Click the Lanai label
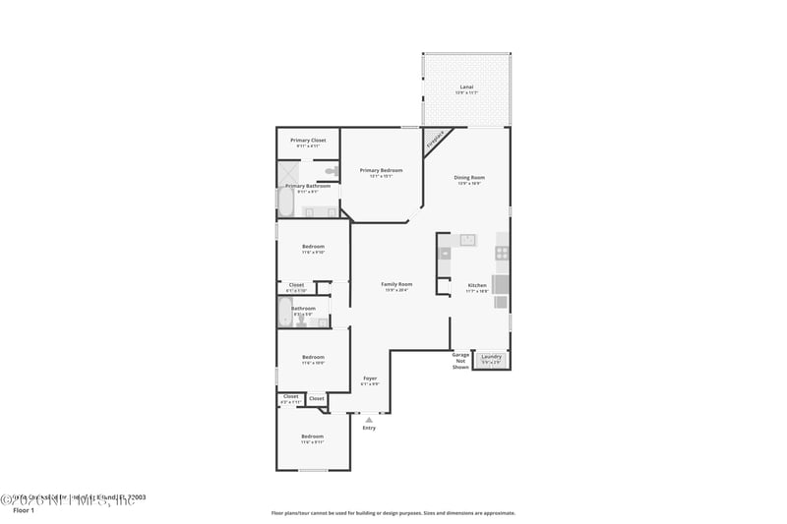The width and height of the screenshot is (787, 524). pyautogui.click(x=466, y=88)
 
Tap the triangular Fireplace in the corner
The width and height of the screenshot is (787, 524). pyautogui.click(x=434, y=141)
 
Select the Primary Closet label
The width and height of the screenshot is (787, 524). pyautogui.click(x=307, y=141)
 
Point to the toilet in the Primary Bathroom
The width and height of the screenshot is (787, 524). pyautogui.click(x=332, y=171)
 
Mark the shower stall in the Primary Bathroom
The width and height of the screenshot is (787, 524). pyautogui.click(x=285, y=171)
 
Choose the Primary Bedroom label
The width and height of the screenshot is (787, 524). pyautogui.click(x=381, y=171)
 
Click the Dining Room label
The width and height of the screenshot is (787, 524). pyautogui.click(x=469, y=178)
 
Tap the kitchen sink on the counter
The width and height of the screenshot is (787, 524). pyautogui.click(x=467, y=239)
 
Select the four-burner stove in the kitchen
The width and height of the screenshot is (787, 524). pyautogui.click(x=502, y=253)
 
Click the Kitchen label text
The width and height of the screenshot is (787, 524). pyautogui.click(x=477, y=285)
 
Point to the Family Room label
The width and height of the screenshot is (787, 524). pyautogui.click(x=396, y=285)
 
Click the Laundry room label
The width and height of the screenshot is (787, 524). pyautogui.click(x=492, y=357)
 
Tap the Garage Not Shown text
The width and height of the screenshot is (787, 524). pyautogui.click(x=460, y=361)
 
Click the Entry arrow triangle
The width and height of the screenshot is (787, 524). pyautogui.click(x=369, y=419)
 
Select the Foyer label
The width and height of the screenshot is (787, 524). pyautogui.click(x=370, y=378)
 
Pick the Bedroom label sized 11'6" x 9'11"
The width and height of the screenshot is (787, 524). pyautogui.click(x=312, y=437)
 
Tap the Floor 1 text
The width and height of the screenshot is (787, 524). pyautogui.click(x=23, y=511)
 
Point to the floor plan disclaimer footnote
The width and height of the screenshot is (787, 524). pyautogui.click(x=393, y=512)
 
